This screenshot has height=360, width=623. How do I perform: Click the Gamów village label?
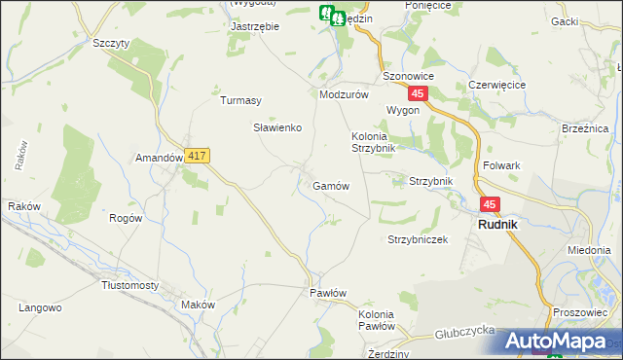330,185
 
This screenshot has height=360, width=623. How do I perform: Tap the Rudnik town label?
495,224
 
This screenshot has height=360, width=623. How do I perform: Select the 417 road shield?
198,156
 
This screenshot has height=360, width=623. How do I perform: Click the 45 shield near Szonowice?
418,93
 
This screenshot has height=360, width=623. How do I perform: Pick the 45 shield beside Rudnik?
489,204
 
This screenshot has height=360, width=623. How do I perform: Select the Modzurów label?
344,94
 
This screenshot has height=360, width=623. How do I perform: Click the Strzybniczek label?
417,239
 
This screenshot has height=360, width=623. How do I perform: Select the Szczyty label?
110,44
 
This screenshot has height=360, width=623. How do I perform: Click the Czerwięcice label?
496,85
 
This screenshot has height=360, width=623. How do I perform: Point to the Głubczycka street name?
466,331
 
